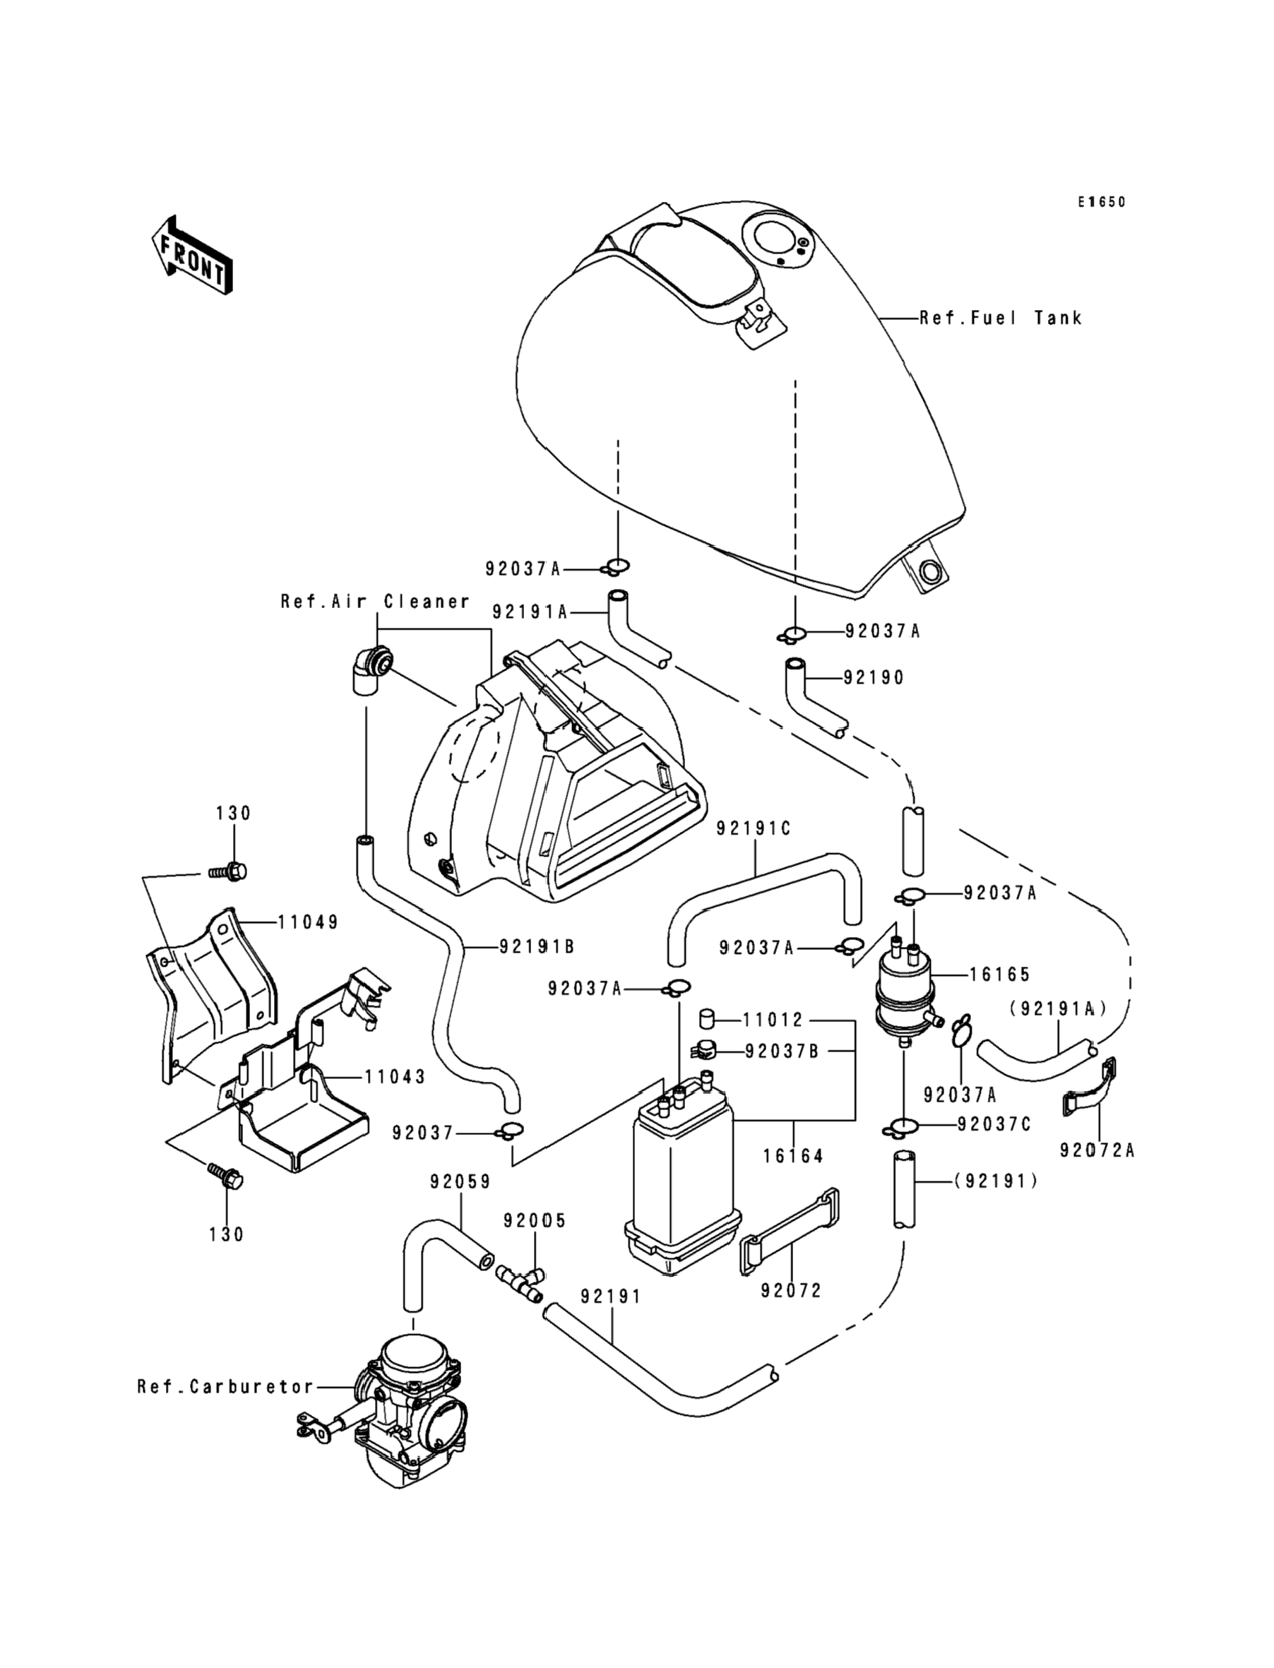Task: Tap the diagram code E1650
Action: (x=1102, y=202)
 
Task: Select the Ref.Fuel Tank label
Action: (x=1000, y=318)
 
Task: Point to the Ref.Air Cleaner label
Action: (x=374, y=602)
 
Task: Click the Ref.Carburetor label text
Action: (x=225, y=1387)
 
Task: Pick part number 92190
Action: (x=874, y=678)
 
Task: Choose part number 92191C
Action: (x=753, y=828)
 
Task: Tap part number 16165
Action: (x=999, y=975)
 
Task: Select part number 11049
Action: (x=308, y=923)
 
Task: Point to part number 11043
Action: (x=395, y=1077)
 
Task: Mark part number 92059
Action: (x=460, y=1181)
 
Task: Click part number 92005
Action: (x=535, y=1221)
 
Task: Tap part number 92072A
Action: (x=1097, y=1150)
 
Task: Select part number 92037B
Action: (x=782, y=1052)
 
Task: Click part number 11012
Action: (x=772, y=1020)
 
